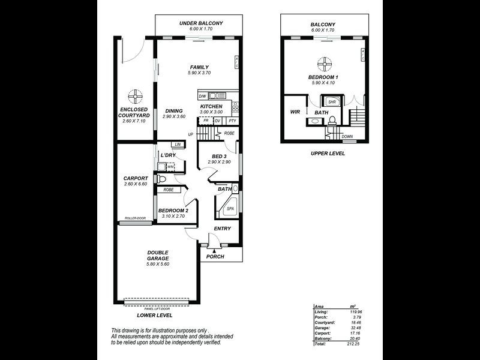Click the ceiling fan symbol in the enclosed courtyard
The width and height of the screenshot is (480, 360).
[x=135, y=95]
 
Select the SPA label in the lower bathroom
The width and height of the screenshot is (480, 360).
[x=230, y=209]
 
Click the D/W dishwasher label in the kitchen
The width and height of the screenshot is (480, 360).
[x=203, y=96]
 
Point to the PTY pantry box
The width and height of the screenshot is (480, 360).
[x=232, y=121]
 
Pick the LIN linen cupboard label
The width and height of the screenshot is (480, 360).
[x=176, y=145]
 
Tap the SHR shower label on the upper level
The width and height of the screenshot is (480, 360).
[x=331, y=101]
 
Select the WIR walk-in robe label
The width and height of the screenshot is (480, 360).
[x=295, y=112]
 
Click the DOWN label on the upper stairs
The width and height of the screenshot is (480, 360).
[x=347, y=136]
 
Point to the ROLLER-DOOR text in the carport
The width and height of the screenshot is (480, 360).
[x=135, y=218]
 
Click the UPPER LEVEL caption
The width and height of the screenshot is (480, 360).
[x=327, y=153]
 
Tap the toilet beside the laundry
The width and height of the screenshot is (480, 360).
[x=160, y=179]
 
